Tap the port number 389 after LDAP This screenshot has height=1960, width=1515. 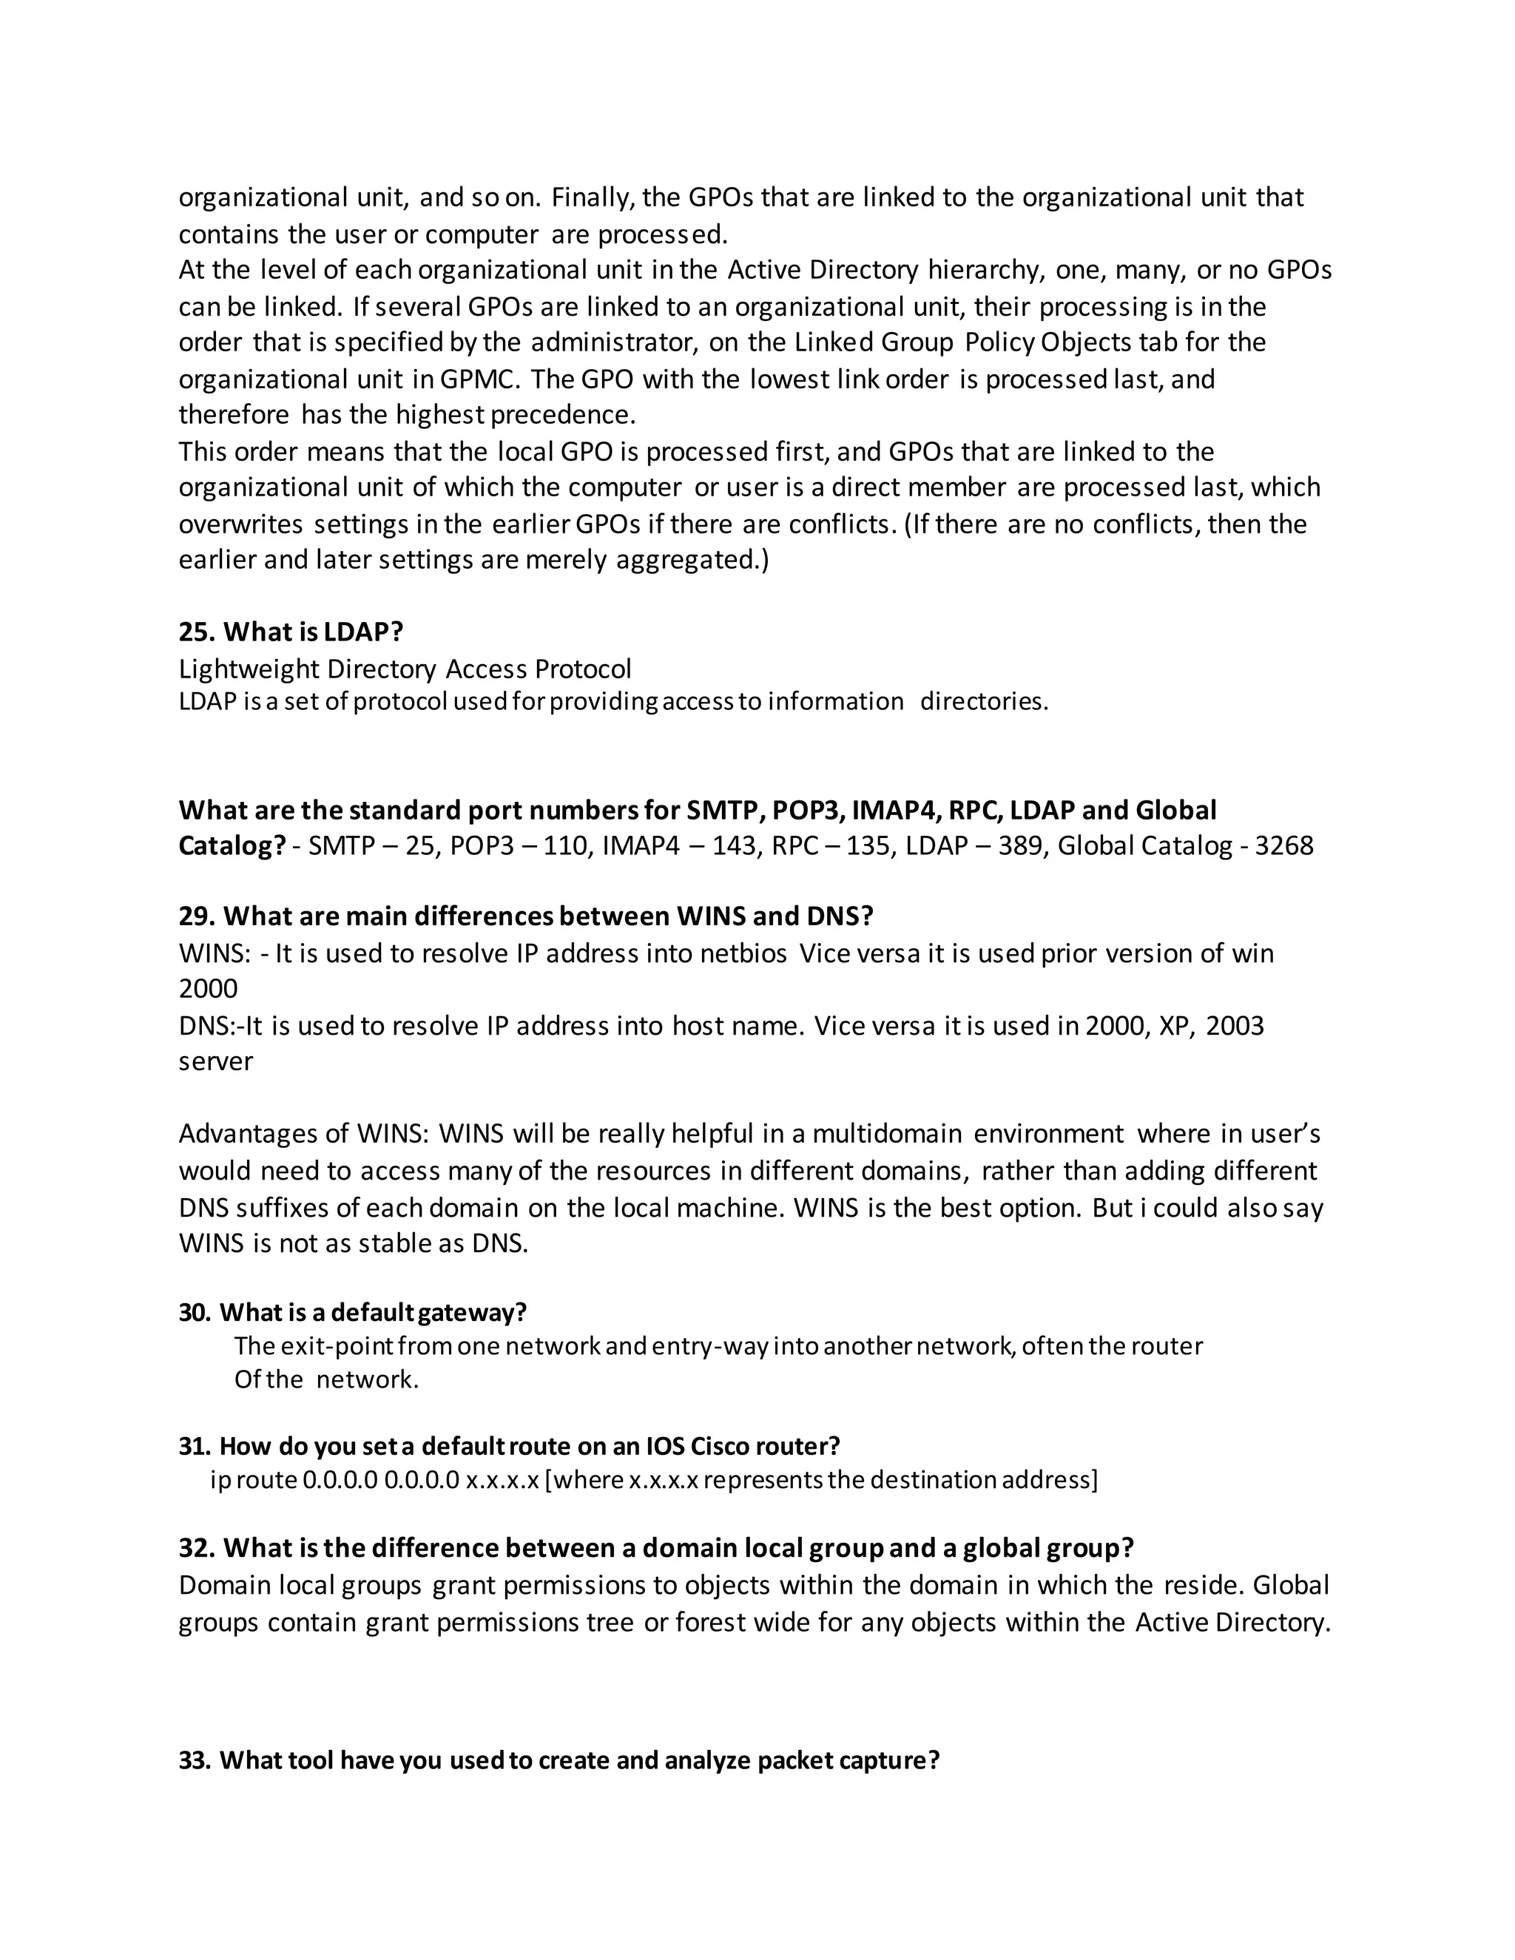pos(1019,845)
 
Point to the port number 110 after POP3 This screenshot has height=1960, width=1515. pos(564,845)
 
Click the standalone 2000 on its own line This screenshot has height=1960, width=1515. pos(208,989)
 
